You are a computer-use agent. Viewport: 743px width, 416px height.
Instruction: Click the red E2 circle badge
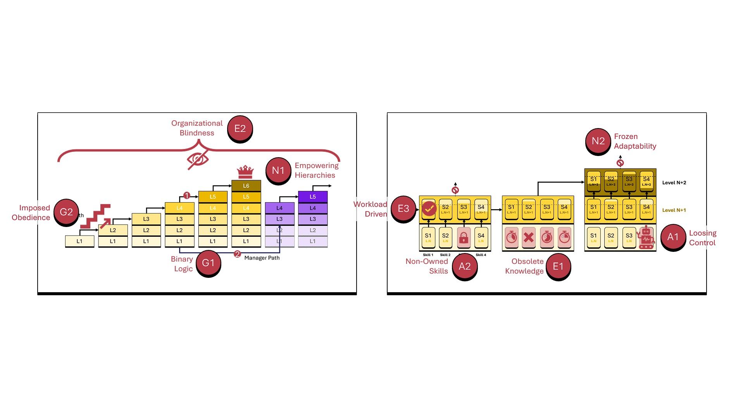(240, 128)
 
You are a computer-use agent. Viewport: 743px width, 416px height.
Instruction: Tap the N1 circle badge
(278, 170)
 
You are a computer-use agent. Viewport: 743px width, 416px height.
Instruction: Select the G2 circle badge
(66, 212)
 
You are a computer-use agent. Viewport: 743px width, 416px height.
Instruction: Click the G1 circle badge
(208, 263)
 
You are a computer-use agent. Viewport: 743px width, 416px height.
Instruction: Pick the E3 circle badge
(403, 209)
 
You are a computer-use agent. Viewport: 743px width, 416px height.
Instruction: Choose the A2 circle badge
(464, 266)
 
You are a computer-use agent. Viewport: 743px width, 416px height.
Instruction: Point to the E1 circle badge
(558, 266)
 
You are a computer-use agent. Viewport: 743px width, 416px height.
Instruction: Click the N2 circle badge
(598, 141)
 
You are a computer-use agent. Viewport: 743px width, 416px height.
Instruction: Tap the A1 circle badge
(672, 237)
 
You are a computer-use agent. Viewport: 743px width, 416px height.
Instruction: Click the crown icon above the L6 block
(245, 172)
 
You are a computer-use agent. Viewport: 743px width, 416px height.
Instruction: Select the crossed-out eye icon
(198, 159)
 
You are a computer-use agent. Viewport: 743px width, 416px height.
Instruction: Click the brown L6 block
(246, 186)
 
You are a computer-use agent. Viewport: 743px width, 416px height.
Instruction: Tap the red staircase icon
(95, 216)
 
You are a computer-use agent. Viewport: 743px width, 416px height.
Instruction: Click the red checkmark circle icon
(428, 209)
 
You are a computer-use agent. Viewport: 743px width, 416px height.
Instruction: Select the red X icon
(529, 237)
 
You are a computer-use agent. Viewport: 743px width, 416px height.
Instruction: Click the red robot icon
(646, 237)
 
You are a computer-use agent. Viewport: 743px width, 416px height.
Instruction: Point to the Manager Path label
(262, 258)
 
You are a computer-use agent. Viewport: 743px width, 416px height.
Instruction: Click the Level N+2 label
(674, 183)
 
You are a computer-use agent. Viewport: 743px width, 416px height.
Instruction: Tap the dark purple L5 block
(312, 197)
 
